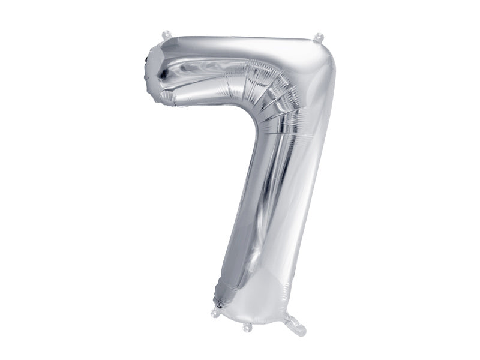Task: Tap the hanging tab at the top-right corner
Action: pyautogui.click(x=319, y=38)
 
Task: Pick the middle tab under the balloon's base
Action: pyautogui.click(x=247, y=327)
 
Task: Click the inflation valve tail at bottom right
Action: pyautogui.click(x=296, y=326)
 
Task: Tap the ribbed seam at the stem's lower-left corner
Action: pyautogui.click(x=220, y=294)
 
